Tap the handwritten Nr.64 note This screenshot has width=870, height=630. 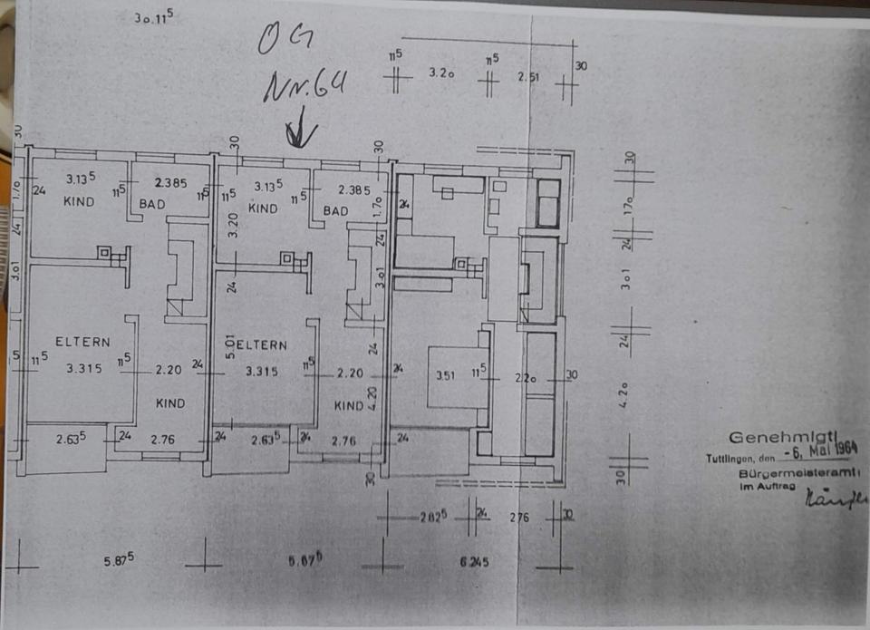(304, 88)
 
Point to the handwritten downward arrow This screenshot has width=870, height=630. (300, 134)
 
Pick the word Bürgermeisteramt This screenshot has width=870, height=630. (798, 474)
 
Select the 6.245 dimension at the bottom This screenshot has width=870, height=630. (474, 562)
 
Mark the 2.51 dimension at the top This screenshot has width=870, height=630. (528, 76)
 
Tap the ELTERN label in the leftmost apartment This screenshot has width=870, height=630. (82, 342)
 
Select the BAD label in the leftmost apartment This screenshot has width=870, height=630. (152, 204)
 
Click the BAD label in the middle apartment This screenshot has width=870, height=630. (335, 211)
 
